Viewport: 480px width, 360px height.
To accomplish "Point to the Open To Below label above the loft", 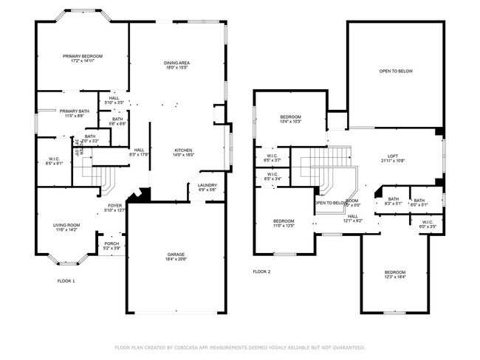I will (396, 72).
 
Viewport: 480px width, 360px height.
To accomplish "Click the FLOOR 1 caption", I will (66, 281).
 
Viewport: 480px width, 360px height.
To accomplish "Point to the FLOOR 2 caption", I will (261, 271).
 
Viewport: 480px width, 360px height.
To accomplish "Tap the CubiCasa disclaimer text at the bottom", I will (239, 347).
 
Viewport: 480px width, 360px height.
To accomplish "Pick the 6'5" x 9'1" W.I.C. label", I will (53, 161).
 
